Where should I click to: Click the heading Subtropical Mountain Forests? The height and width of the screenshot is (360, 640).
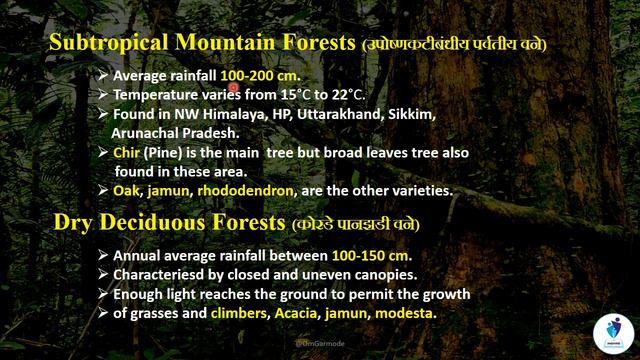(200, 45)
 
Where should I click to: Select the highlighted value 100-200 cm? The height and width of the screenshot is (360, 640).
(260, 76)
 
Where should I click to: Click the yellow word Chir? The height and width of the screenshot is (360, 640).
(126, 153)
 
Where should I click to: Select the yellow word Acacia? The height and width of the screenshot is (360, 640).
(297, 314)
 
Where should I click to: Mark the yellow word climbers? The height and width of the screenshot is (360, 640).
(238, 314)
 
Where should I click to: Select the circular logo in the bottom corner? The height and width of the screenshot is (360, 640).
(614, 331)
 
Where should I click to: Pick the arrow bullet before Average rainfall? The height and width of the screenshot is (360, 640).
(103, 77)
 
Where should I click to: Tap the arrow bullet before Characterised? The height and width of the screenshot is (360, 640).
(103, 276)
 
